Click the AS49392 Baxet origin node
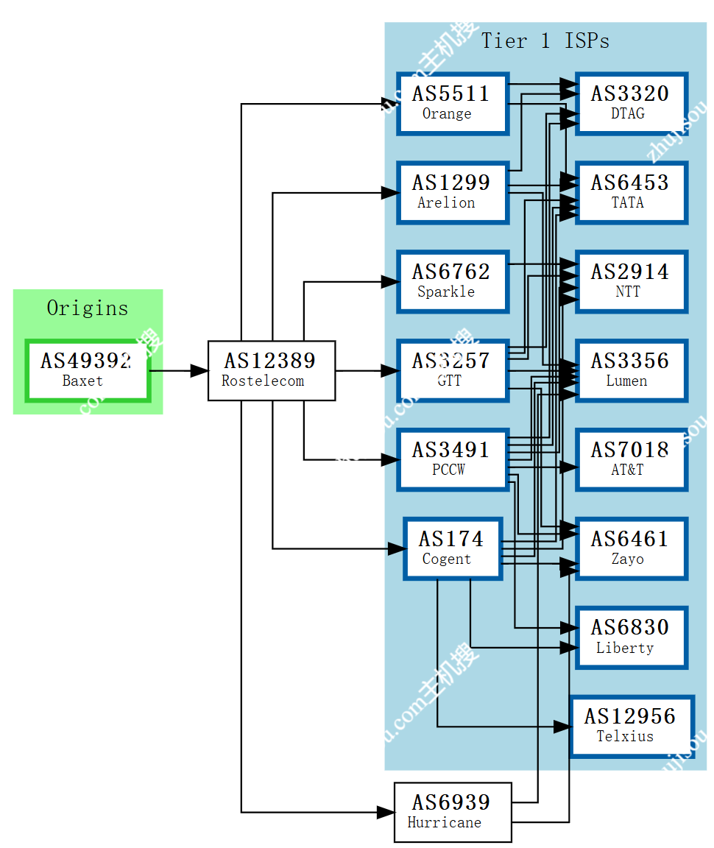pos(88,370)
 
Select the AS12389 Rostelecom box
pos(272,370)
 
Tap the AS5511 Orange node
pos(452,103)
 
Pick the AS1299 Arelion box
pos(452,192)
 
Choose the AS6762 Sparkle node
pos(452,281)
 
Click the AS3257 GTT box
pos(452,370)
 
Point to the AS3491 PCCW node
pos(452,459)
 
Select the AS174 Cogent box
pos(452,548)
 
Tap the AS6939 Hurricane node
pos(452,812)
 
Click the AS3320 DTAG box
pos(631,103)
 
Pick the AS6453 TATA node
pos(631,192)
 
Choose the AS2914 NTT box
pos(631,281)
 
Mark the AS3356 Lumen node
pos(631,370)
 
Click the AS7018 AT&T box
pos(631,459)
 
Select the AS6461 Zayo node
pos(631,548)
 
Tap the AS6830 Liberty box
pos(631,637)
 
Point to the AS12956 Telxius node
pos(632,726)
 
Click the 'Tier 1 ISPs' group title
pos(545,41)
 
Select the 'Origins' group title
pos(87,308)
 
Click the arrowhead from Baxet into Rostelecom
pos(199,371)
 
